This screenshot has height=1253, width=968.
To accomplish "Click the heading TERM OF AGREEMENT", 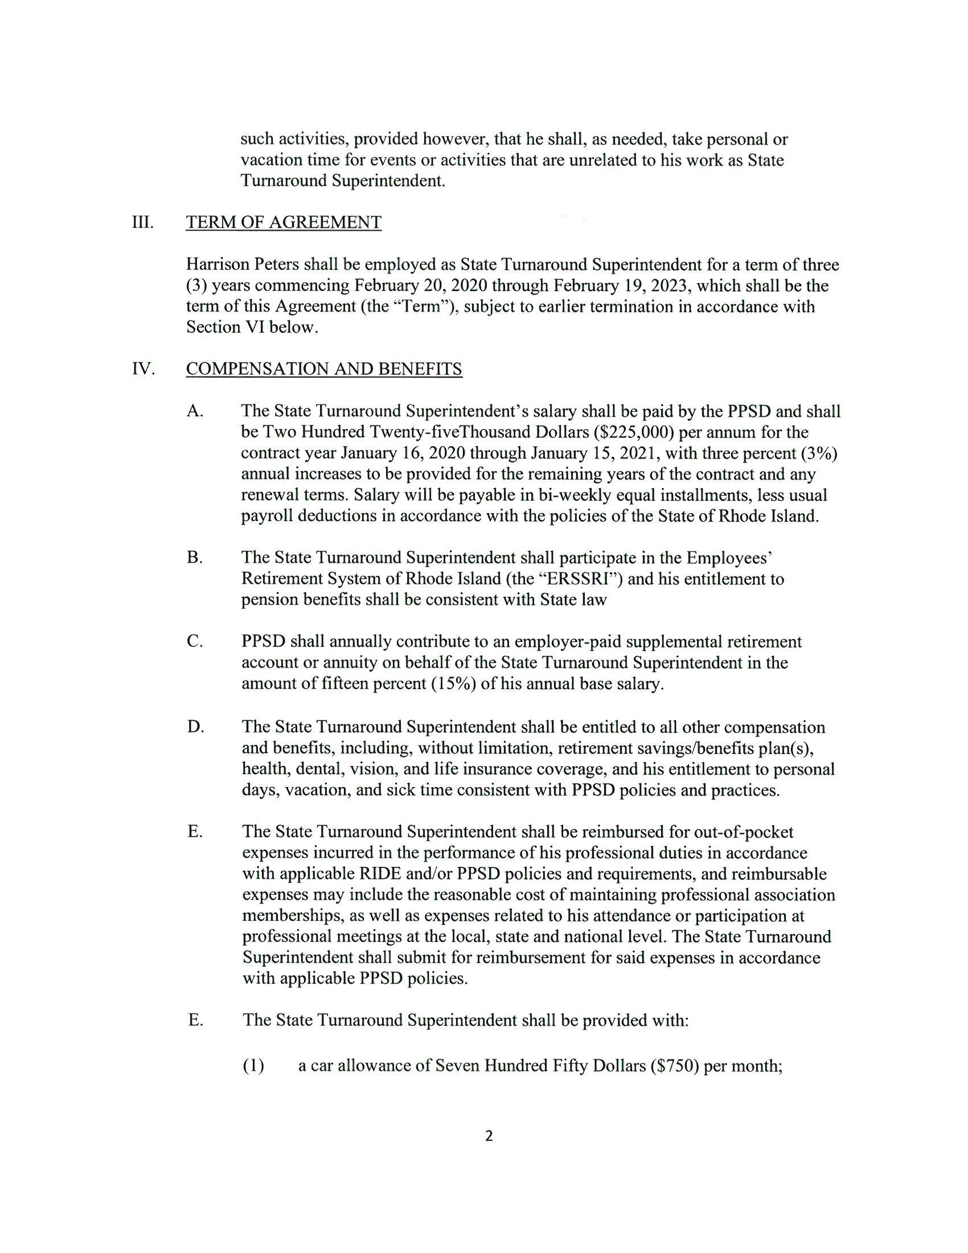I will (284, 222).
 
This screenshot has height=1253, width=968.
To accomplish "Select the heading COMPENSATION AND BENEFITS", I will (324, 369).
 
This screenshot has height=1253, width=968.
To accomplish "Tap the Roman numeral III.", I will (143, 222).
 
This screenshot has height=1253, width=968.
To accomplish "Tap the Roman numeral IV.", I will (143, 369).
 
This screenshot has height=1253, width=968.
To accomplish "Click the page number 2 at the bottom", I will (489, 1152).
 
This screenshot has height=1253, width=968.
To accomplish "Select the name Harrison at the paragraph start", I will (219, 264).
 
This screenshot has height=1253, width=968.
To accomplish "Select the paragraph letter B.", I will (194, 557).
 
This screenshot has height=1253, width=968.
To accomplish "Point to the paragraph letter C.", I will (194, 641).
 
